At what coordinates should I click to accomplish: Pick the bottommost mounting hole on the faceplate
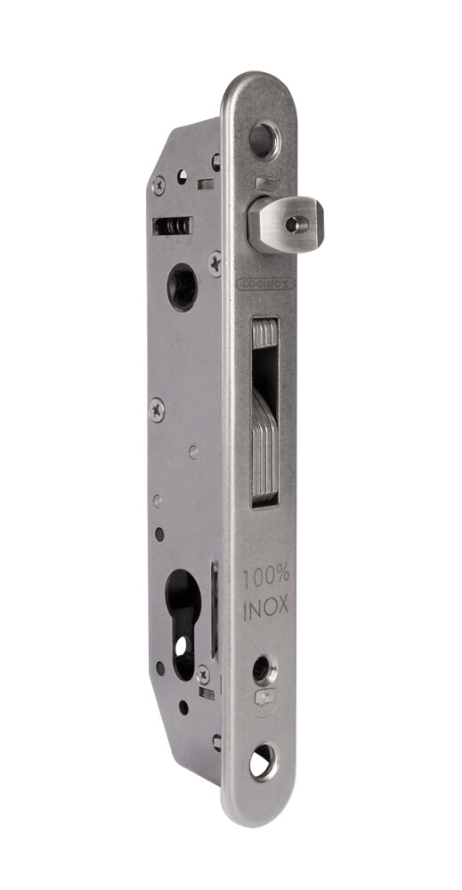point(265,762)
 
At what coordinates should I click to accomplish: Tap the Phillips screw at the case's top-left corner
point(158,185)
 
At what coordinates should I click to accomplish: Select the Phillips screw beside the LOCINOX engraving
point(215,260)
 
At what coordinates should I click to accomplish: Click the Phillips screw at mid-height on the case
point(158,409)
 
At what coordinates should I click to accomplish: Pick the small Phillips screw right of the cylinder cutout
point(205,675)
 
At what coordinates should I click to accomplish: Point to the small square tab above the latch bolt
point(261,183)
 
